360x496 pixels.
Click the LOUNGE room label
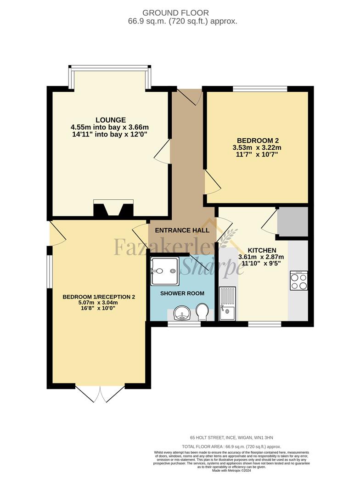(x=111, y=120)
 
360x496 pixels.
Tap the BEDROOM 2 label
(x=258, y=141)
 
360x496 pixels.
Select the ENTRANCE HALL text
(x=182, y=230)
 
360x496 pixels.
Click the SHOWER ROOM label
(x=182, y=293)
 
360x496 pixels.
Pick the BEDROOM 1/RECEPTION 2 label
(x=99, y=297)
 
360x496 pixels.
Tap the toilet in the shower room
(x=202, y=312)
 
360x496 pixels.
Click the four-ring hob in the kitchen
(x=299, y=281)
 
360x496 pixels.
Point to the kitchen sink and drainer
(x=227, y=303)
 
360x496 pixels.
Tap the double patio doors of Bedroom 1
(x=100, y=393)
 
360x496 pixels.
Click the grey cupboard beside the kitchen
(x=292, y=222)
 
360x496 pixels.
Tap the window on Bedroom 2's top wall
(x=260, y=89)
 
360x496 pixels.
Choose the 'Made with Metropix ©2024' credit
(x=231, y=470)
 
